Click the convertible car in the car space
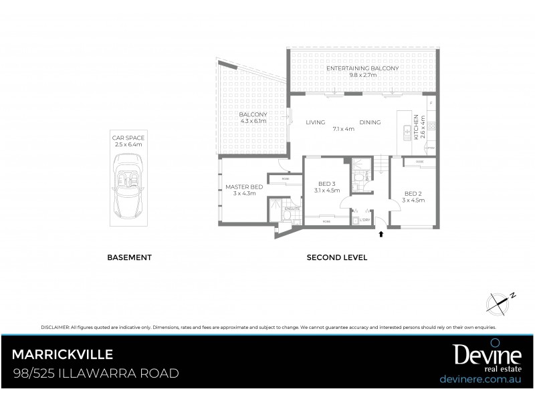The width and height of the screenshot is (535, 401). (128, 186)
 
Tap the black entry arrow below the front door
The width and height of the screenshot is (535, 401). (381, 234)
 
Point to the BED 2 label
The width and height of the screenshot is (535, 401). (413, 194)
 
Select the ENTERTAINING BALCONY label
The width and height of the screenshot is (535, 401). (362, 68)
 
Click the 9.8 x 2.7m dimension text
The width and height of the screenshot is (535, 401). (362, 75)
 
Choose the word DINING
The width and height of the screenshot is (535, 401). (370, 122)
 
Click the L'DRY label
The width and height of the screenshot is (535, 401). (364, 220)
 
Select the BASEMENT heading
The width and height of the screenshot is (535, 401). (130, 257)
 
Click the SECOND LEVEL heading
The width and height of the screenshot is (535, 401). (337, 257)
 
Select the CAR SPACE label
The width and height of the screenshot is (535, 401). (128, 138)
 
